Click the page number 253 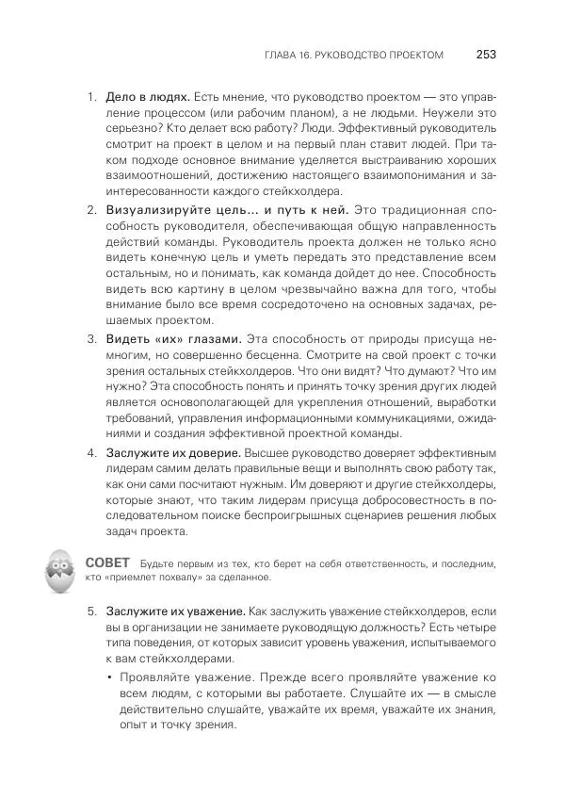[486, 55]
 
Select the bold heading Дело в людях [148, 97]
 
